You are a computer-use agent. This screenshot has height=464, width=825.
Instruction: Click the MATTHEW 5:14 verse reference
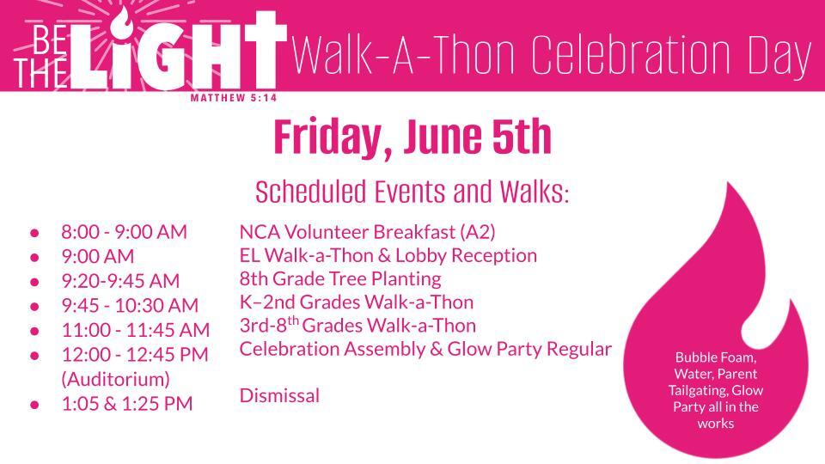234,98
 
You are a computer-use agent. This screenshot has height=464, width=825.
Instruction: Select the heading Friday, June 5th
412,137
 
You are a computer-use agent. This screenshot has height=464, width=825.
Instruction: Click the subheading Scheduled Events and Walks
412,192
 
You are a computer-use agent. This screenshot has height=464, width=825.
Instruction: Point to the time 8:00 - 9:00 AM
124,232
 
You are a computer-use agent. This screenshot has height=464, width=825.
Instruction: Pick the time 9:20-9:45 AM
120,281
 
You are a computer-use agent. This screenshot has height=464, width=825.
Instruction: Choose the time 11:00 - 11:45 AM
136,330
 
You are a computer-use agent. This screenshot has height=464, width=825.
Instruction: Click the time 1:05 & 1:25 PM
127,404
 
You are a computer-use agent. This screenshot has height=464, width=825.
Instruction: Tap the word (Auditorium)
116,379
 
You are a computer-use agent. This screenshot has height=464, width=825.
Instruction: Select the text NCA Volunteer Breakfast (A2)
367,232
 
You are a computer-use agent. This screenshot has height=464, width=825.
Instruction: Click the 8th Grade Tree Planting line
340,278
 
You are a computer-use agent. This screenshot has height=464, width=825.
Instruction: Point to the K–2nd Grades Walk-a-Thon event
357,302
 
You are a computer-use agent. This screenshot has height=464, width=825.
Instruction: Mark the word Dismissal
279,395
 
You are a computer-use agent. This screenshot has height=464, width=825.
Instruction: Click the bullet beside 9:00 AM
34,257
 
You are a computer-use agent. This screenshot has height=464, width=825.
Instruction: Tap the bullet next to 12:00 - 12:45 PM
34,356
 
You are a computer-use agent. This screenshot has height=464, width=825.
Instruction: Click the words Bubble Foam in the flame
716,357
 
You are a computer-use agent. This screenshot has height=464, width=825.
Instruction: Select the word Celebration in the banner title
629,55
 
